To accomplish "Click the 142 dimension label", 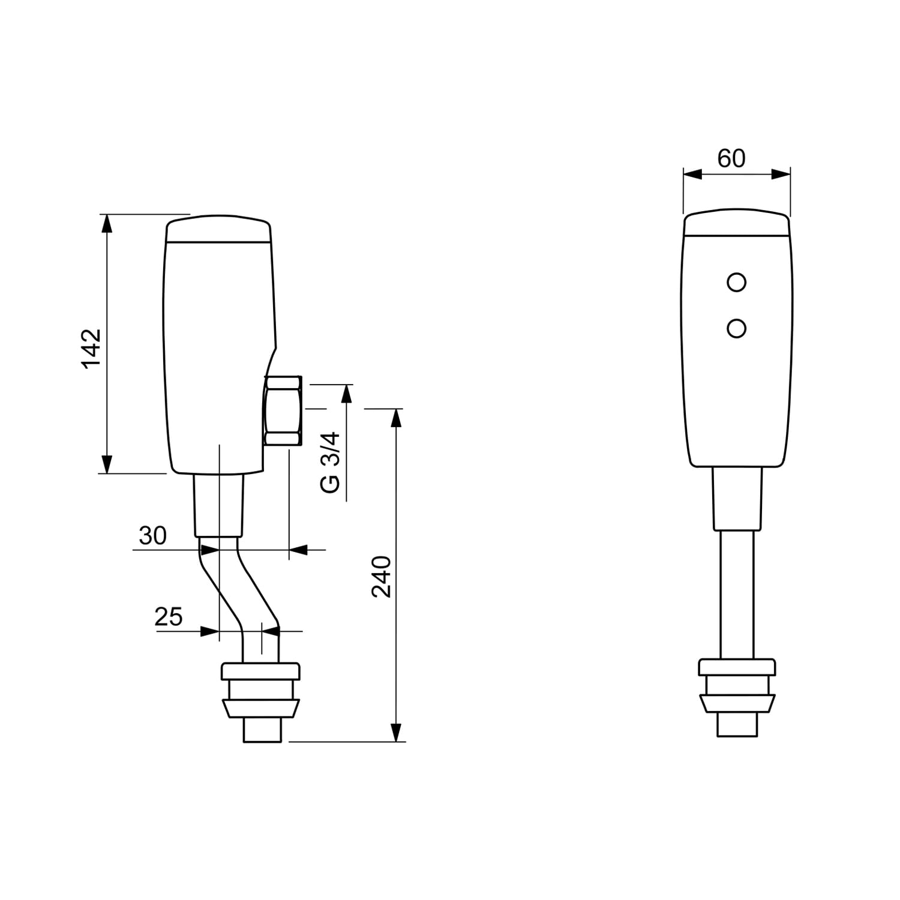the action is pyautogui.click(x=92, y=348).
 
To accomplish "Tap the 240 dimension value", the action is pyautogui.click(x=382, y=577).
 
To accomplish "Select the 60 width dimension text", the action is pyautogui.click(x=731, y=158).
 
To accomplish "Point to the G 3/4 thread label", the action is pyautogui.click(x=330, y=462).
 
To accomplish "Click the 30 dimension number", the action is pyautogui.click(x=152, y=536).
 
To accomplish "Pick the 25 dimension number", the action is pyautogui.click(x=169, y=617).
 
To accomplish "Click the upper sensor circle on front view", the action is pyautogui.click(x=736, y=281).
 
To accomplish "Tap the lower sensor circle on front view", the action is pyautogui.click(x=736, y=328).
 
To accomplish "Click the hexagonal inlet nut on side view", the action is pyautogui.click(x=283, y=410).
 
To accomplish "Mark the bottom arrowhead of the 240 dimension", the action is pyautogui.click(x=395, y=732).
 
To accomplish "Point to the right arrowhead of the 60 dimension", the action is pyautogui.click(x=781, y=174).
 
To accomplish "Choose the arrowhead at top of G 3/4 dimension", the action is pyautogui.click(x=346, y=394).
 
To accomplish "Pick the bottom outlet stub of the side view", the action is pyautogui.click(x=262, y=729).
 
